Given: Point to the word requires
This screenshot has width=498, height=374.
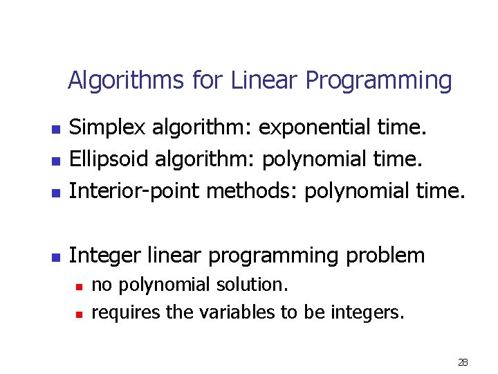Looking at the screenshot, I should pyautogui.click(x=126, y=312).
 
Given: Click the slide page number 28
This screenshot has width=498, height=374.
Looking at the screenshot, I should pyautogui.click(x=463, y=362).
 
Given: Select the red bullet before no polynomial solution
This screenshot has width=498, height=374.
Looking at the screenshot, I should pyautogui.click(x=79, y=285).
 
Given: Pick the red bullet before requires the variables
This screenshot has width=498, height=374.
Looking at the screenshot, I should pyautogui.click(x=79, y=314).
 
